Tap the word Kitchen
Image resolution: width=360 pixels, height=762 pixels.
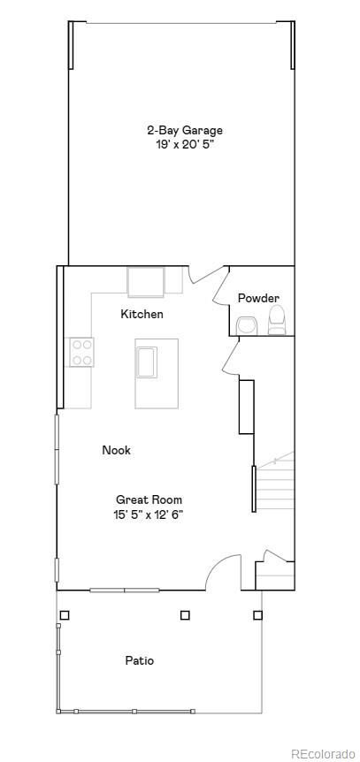[x=142, y=314]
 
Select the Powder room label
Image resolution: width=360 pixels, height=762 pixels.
[x=258, y=298]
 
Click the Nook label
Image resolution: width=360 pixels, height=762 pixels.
[x=116, y=450]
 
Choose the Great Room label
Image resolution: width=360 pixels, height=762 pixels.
[x=149, y=499]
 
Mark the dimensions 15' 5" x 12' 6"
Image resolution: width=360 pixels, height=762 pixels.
[x=149, y=514]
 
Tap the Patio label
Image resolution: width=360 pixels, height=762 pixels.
[x=139, y=660]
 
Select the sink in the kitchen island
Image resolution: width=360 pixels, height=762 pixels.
[x=146, y=362]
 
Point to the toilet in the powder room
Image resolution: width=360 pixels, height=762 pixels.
[x=277, y=321]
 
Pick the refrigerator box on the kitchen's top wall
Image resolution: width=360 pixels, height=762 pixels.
[x=146, y=282]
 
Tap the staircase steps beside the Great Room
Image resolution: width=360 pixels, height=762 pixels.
[x=274, y=486]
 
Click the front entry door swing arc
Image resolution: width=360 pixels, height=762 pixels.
[x=224, y=570]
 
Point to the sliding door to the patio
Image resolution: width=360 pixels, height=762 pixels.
[x=124, y=590]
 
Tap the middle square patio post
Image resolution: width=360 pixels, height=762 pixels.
[x=185, y=615]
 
